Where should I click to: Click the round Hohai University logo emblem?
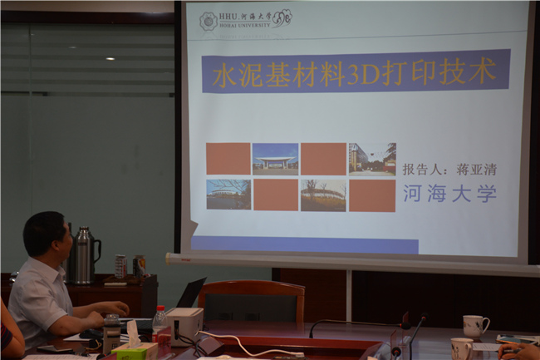point(208,21)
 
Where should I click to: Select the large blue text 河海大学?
point(449,194)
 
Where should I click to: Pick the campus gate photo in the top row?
point(275,158)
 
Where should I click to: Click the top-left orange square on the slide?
point(228,158)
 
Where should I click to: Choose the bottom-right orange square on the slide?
point(371,195)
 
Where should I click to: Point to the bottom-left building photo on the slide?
point(228,195)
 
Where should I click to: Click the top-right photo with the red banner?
point(371,158)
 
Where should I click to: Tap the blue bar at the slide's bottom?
point(304,244)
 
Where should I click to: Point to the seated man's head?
point(45,234)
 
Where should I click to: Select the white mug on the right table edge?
point(474,326)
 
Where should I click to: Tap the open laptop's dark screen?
point(190,293)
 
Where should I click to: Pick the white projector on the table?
point(184,322)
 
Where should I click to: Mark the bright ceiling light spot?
point(110,58)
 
